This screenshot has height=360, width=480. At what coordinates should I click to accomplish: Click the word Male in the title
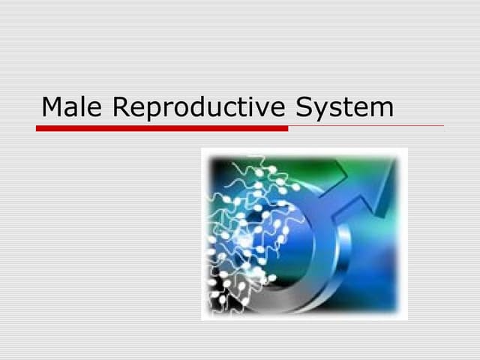tap(73, 107)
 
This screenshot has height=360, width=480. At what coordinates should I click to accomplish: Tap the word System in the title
tap(344, 107)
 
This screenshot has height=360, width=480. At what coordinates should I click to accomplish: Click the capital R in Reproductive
tap(121, 107)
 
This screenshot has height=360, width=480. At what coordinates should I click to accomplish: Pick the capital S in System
tap(303, 107)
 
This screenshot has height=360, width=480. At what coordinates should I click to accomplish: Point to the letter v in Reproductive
tap(261, 109)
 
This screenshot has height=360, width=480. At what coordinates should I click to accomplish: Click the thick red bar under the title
tap(162, 128)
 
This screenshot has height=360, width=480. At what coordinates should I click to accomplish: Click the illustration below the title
tap(304, 233)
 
